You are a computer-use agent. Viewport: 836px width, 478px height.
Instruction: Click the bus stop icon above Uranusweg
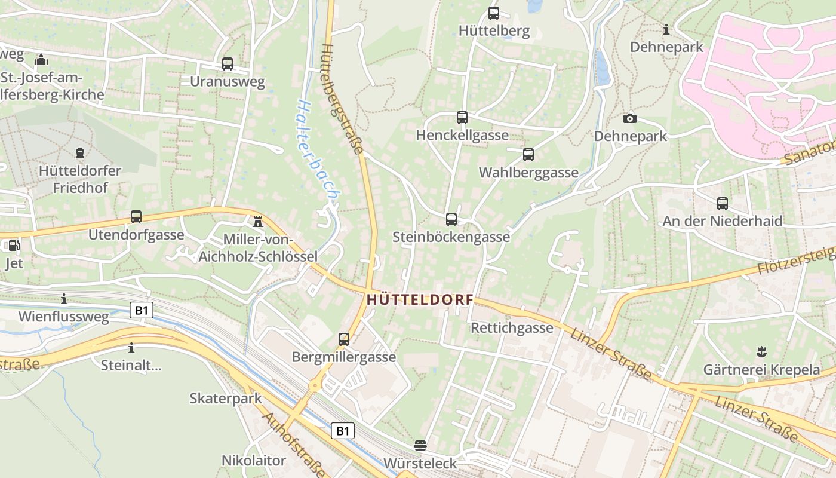[227, 64]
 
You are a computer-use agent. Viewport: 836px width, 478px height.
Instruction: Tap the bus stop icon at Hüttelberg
[493, 13]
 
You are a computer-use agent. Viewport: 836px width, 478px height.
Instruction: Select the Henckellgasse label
[462, 136]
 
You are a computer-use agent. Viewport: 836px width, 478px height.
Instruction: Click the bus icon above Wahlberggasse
[528, 155]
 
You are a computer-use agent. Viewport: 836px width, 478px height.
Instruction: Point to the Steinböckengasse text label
[451, 237]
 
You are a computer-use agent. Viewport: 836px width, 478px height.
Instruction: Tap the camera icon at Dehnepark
[629, 119]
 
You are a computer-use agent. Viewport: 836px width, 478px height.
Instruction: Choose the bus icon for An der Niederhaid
[722, 204]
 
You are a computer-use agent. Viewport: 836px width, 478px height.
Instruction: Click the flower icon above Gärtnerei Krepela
[761, 352]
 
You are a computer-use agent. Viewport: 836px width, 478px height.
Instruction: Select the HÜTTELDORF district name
[420, 300]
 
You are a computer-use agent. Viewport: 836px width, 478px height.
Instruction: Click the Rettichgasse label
[512, 328]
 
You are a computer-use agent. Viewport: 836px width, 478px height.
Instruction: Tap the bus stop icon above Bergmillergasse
[343, 339]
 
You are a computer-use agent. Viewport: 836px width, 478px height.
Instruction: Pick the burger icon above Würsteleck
[420, 446]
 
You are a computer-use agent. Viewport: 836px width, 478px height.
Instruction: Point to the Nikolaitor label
[254, 461]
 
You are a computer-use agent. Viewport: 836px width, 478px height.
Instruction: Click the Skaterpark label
[226, 399]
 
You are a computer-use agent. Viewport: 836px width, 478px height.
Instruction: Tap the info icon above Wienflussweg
[64, 299]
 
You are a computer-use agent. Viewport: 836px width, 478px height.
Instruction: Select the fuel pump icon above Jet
[13, 246]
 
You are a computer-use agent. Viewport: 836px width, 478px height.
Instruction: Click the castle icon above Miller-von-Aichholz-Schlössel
[257, 222]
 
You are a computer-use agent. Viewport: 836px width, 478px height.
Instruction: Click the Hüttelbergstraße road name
[343, 99]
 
